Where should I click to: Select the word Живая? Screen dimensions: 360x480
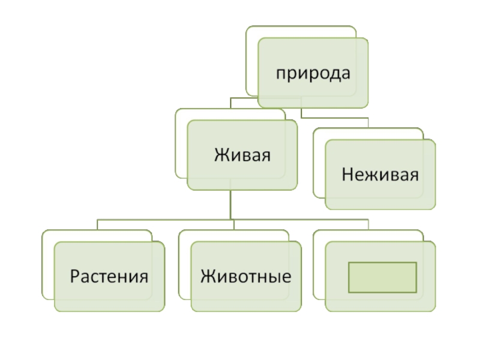tap(242, 155)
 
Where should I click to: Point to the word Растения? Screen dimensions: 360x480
tap(109, 277)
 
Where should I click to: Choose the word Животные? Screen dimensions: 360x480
tap(246, 277)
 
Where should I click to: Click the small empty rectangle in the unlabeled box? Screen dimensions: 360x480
tap(382, 277)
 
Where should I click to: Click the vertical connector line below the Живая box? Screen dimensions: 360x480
tap(231, 204)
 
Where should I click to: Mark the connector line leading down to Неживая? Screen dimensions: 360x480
tap(336, 117)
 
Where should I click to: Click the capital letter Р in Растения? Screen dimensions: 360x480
tap(74, 277)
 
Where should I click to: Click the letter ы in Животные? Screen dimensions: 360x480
tap(275, 278)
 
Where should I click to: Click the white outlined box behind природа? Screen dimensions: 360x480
tap(252, 60)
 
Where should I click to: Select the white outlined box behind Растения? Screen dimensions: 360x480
tap(47, 264)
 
